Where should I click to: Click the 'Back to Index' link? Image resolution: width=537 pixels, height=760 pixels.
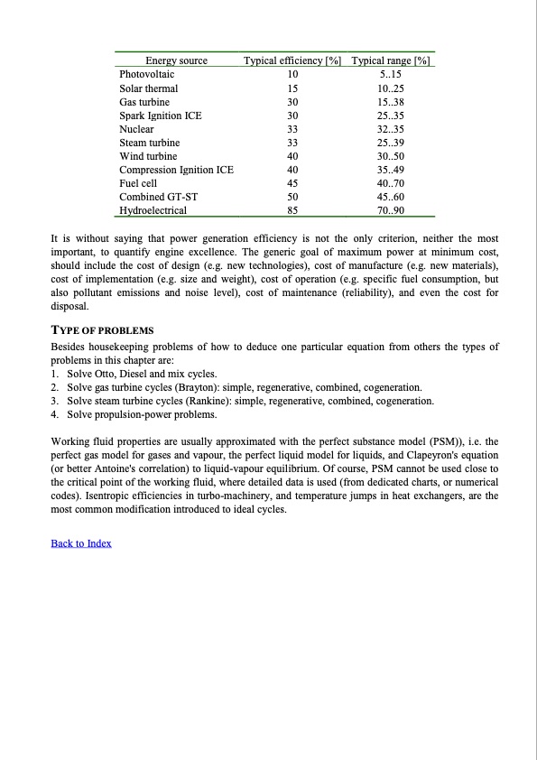click(81, 542)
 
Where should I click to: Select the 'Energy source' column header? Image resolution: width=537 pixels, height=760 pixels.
click(176, 61)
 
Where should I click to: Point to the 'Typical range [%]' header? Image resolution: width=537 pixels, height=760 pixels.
click(391, 61)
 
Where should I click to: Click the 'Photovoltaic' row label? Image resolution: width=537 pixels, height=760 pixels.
click(147, 75)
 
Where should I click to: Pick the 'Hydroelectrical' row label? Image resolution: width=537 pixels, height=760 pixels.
click(153, 210)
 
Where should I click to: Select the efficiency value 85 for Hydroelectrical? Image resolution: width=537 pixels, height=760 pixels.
click(292, 210)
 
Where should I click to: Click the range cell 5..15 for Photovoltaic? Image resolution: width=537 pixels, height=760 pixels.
click(391, 75)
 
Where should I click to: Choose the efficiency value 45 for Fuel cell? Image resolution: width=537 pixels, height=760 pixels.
click(292, 183)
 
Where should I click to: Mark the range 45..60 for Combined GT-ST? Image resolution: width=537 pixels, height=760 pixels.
click(391, 197)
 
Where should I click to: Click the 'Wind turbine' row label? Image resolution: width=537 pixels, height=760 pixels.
click(148, 156)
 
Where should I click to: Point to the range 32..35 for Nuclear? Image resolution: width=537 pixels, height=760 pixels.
click(391, 129)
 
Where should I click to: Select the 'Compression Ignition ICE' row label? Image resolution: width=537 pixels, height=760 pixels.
click(176, 170)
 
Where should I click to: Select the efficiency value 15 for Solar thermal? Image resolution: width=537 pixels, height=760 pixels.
click(292, 88)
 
